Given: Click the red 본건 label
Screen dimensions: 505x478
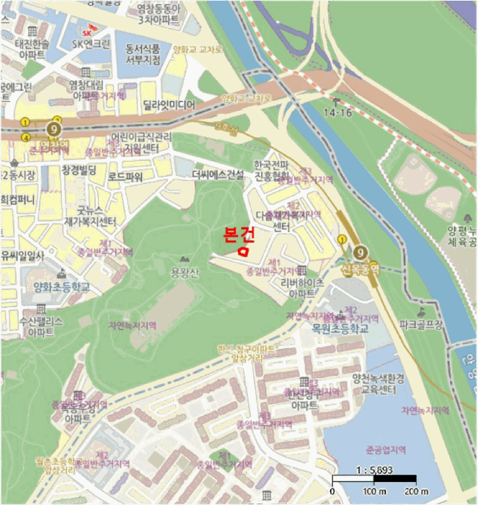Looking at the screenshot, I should pos(239,234).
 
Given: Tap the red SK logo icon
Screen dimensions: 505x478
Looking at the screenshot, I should pos(88,33).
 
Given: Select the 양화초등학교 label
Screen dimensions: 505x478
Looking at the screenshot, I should pos(62,286).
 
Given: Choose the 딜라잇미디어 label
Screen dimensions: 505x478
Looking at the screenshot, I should pos(169,105).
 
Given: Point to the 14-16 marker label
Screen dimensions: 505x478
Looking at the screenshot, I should pos(337,113).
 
